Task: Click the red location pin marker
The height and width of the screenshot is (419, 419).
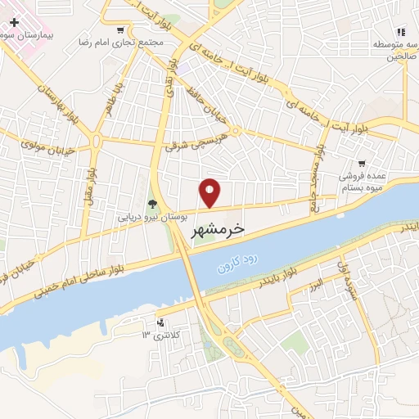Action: [x=210, y=191]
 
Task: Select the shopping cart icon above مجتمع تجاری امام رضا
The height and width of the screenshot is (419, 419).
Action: [x=120, y=30]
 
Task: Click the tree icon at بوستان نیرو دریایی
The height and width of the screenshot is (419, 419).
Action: [x=152, y=205]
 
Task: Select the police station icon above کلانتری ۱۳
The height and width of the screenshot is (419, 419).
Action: [x=160, y=322]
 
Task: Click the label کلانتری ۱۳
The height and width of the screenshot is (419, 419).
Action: [x=160, y=335]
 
